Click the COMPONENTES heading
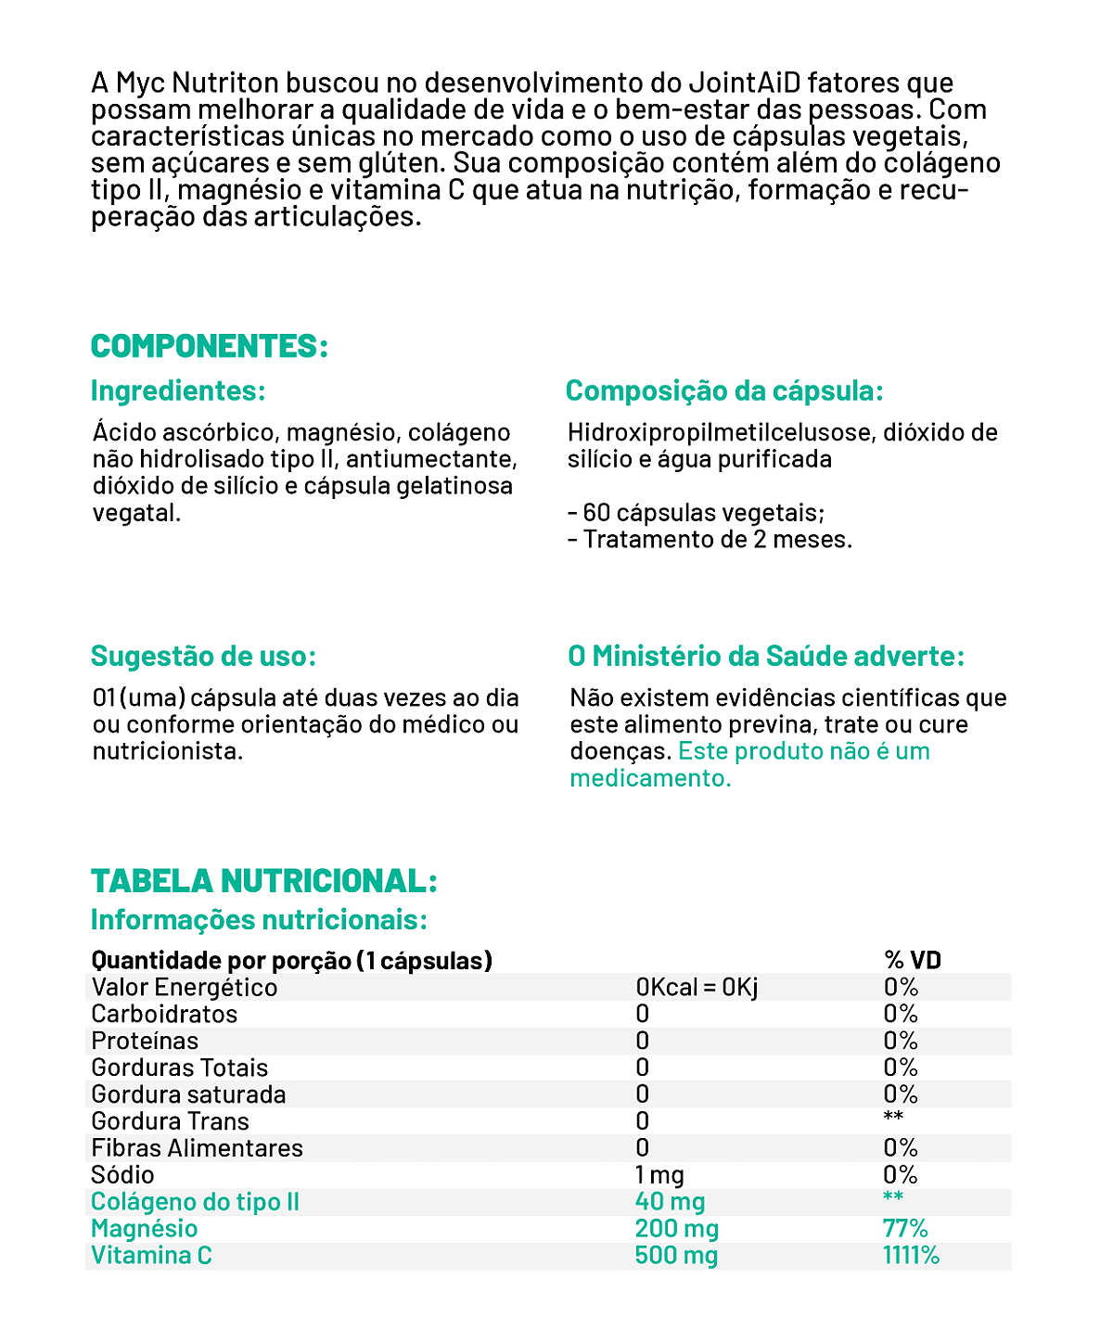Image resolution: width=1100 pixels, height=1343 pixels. pos(210,346)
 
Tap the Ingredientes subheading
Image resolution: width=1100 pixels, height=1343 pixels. pos(178,390)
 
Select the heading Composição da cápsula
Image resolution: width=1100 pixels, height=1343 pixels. pos(724,390)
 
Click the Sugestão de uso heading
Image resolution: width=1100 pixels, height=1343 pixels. pos(203,656)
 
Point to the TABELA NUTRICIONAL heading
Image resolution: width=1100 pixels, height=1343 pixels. pos(263,880)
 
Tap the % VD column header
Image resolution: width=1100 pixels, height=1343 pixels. pos(913,960)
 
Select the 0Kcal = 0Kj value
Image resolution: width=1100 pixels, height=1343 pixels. pos(697,987)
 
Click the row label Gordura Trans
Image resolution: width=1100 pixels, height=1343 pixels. pos(170,1121)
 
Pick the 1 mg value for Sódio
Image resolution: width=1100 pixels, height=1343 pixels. pos(659,1175)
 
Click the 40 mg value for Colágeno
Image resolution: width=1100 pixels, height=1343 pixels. pos(670,1202)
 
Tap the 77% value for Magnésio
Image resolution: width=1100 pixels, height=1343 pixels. pos(905,1229)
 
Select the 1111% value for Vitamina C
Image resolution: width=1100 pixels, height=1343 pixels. pos(911,1256)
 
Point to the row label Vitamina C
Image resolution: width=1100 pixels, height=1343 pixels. pos(151,1256)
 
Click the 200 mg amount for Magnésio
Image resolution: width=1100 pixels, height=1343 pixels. pos(676,1229)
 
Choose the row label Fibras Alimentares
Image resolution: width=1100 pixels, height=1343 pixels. pos(197,1148)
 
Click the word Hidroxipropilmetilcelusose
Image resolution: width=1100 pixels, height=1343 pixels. pos(720,433)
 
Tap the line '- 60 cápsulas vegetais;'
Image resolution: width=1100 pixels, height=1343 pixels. pos(696,513)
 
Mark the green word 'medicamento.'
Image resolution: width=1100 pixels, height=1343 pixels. pos(650,778)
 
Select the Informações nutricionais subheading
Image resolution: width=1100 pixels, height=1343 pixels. pos(259,920)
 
